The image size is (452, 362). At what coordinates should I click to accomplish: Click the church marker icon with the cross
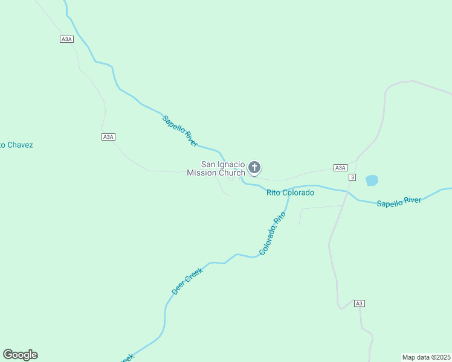click(255, 167)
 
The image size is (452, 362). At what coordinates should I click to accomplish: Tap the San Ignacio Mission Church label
click(223, 168)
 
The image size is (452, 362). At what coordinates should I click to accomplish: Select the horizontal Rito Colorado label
click(290, 192)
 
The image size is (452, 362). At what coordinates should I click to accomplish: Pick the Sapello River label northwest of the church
click(180, 130)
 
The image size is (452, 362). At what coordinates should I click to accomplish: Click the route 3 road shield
click(352, 177)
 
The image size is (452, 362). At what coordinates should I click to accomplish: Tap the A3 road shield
click(360, 303)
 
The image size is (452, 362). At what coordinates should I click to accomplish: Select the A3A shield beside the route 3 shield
click(340, 168)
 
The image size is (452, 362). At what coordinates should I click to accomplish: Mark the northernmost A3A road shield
click(66, 39)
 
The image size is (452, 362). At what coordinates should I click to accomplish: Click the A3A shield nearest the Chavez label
click(108, 137)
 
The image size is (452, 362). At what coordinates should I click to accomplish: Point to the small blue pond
click(372, 180)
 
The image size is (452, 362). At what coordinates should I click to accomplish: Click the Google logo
click(21, 355)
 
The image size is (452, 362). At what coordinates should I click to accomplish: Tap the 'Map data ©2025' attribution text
click(427, 357)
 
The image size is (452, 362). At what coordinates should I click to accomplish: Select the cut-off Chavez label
click(16, 145)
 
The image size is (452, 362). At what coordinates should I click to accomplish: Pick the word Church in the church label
click(232, 173)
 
